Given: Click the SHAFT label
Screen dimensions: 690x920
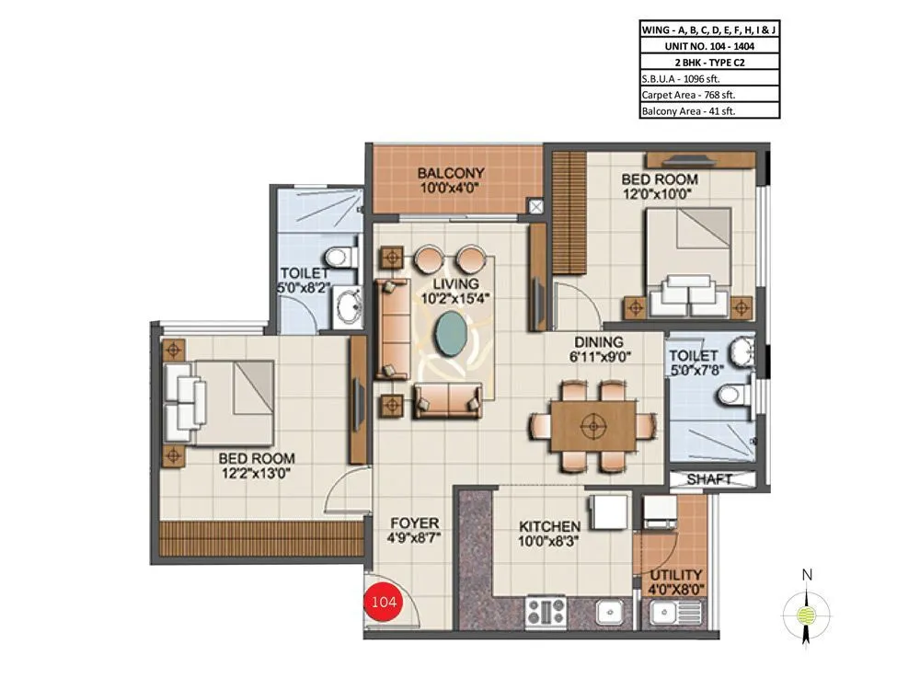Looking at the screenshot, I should point(709,479).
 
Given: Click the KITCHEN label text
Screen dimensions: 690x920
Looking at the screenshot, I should point(549,526).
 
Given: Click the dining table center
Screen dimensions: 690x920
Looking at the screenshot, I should point(592,426).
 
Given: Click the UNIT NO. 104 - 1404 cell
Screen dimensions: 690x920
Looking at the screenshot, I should point(708,45).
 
